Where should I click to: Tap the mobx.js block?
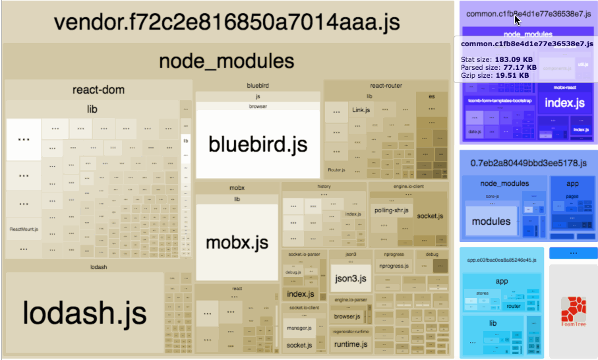pyautogui.click(x=237, y=242)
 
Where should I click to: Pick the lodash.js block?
pyautogui.click(x=84, y=313)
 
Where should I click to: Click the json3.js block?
pyautogui.click(x=349, y=279)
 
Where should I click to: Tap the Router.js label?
pyautogui.click(x=336, y=170)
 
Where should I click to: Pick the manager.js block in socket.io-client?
pyautogui.click(x=298, y=327)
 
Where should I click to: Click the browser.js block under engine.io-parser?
pyautogui.click(x=347, y=316)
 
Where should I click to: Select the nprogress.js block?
pyautogui.click(x=393, y=266)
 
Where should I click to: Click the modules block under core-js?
pyautogui.click(x=491, y=222)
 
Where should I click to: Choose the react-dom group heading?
pyautogui.click(x=98, y=90)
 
